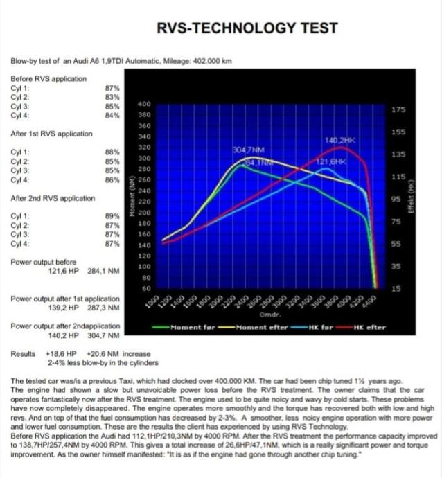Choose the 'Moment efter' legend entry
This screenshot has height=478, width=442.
(260, 327)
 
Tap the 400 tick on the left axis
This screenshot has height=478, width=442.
(144, 103)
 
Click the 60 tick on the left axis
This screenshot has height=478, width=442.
(146, 288)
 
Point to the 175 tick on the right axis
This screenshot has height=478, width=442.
(398, 109)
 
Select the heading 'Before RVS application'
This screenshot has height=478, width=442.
(48, 79)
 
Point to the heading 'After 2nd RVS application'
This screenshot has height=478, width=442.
(53, 198)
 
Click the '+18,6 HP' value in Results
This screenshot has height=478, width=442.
(60, 353)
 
